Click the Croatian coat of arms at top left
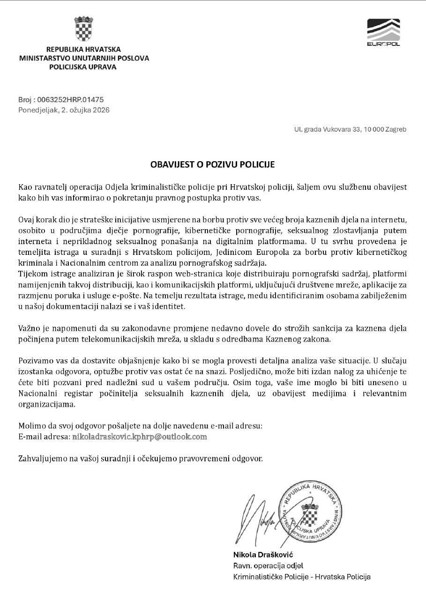pyautogui.click(x=83, y=29)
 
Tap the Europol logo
pyautogui.click(x=383, y=32)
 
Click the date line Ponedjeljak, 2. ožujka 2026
pyautogui.click(x=64, y=110)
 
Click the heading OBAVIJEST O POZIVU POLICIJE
pyautogui.click(x=212, y=164)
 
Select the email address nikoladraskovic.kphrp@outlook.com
pyautogui.click(x=139, y=437)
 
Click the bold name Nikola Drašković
pyautogui.click(x=263, y=555)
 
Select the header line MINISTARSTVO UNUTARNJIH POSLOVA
pyautogui.click(x=84, y=58)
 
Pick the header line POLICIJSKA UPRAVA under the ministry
pyautogui.click(x=83, y=67)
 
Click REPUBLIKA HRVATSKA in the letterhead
pyautogui.click(x=83, y=49)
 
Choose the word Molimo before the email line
pyautogui.click(x=30, y=426)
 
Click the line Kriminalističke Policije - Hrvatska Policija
pyautogui.click(x=302, y=577)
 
